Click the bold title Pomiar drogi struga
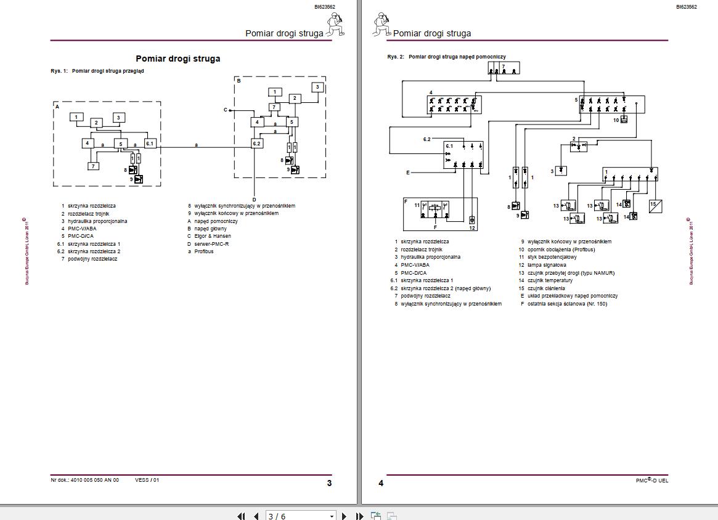pyautogui.click(x=177, y=59)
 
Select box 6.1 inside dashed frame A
pyautogui.click(x=150, y=144)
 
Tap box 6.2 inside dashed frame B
pyautogui.click(x=257, y=144)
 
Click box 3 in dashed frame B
pyautogui.click(x=317, y=87)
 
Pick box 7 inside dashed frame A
pyautogui.click(x=92, y=166)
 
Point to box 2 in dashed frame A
pyautogui.click(x=96, y=123)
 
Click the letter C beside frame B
pyautogui.click(x=226, y=110)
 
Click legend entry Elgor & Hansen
pyautogui.click(x=213, y=236)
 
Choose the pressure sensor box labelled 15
pyautogui.click(x=655, y=205)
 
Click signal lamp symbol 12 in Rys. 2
pyautogui.click(x=472, y=219)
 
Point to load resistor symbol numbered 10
pyautogui.click(x=624, y=120)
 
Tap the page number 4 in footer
pyautogui.click(x=381, y=483)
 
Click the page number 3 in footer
pyautogui.click(x=329, y=483)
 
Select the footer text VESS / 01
pyautogui.click(x=147, y=481)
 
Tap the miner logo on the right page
pyautogui.click(x=381, y=25)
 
